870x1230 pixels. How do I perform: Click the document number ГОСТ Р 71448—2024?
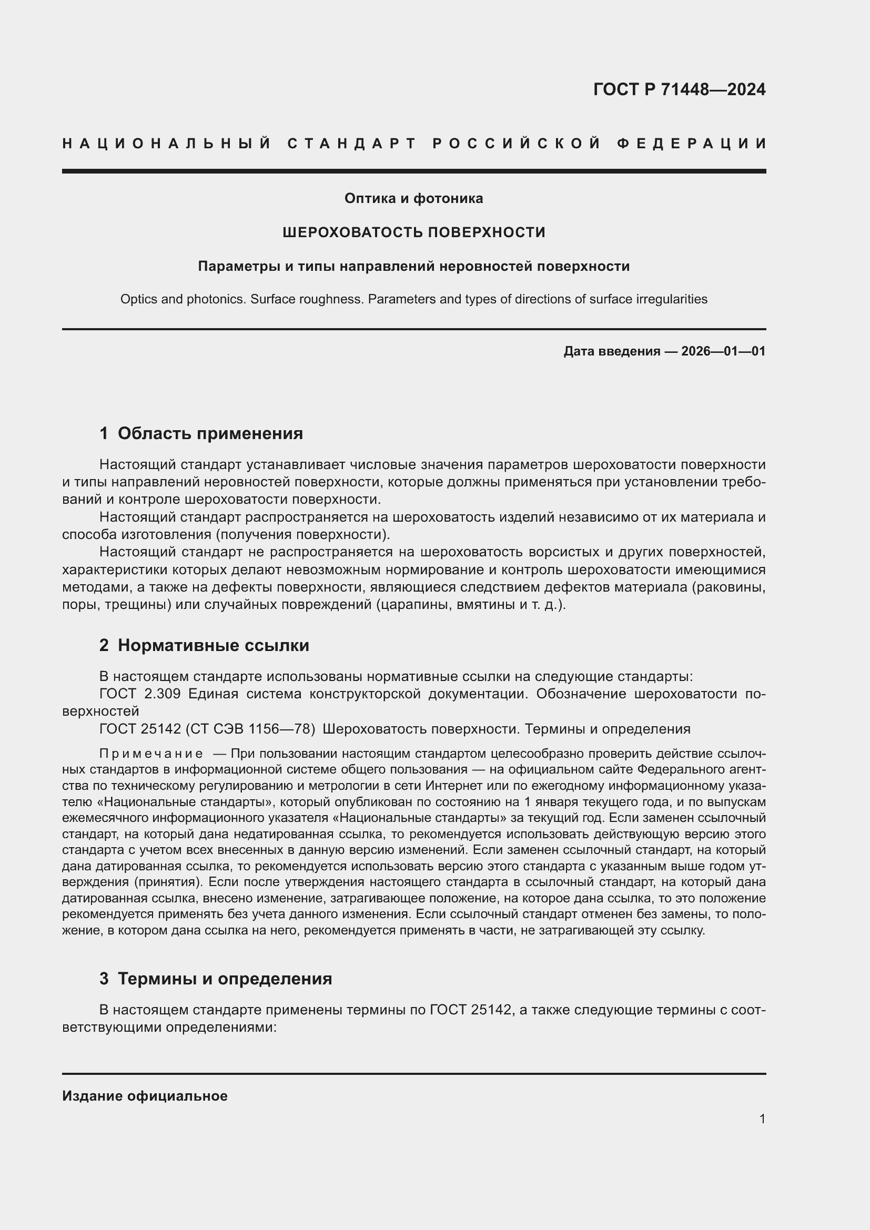(679, 89)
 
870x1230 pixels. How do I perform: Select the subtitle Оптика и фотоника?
(413, 198)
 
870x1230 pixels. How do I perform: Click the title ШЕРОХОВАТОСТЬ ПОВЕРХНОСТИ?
(413, 232)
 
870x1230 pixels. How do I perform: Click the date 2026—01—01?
(723, 351)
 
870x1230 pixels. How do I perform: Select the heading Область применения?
(210, 433)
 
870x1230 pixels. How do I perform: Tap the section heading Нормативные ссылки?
(213, 646)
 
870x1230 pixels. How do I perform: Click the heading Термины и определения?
(225, 979)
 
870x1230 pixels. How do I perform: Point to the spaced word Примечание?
(151, 754)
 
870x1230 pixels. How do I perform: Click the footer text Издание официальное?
(145, 1096)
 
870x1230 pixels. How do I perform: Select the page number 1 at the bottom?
(762, 1119)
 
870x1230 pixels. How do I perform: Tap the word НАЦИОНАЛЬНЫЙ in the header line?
(166, 144)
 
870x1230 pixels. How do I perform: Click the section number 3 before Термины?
(104, 979)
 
